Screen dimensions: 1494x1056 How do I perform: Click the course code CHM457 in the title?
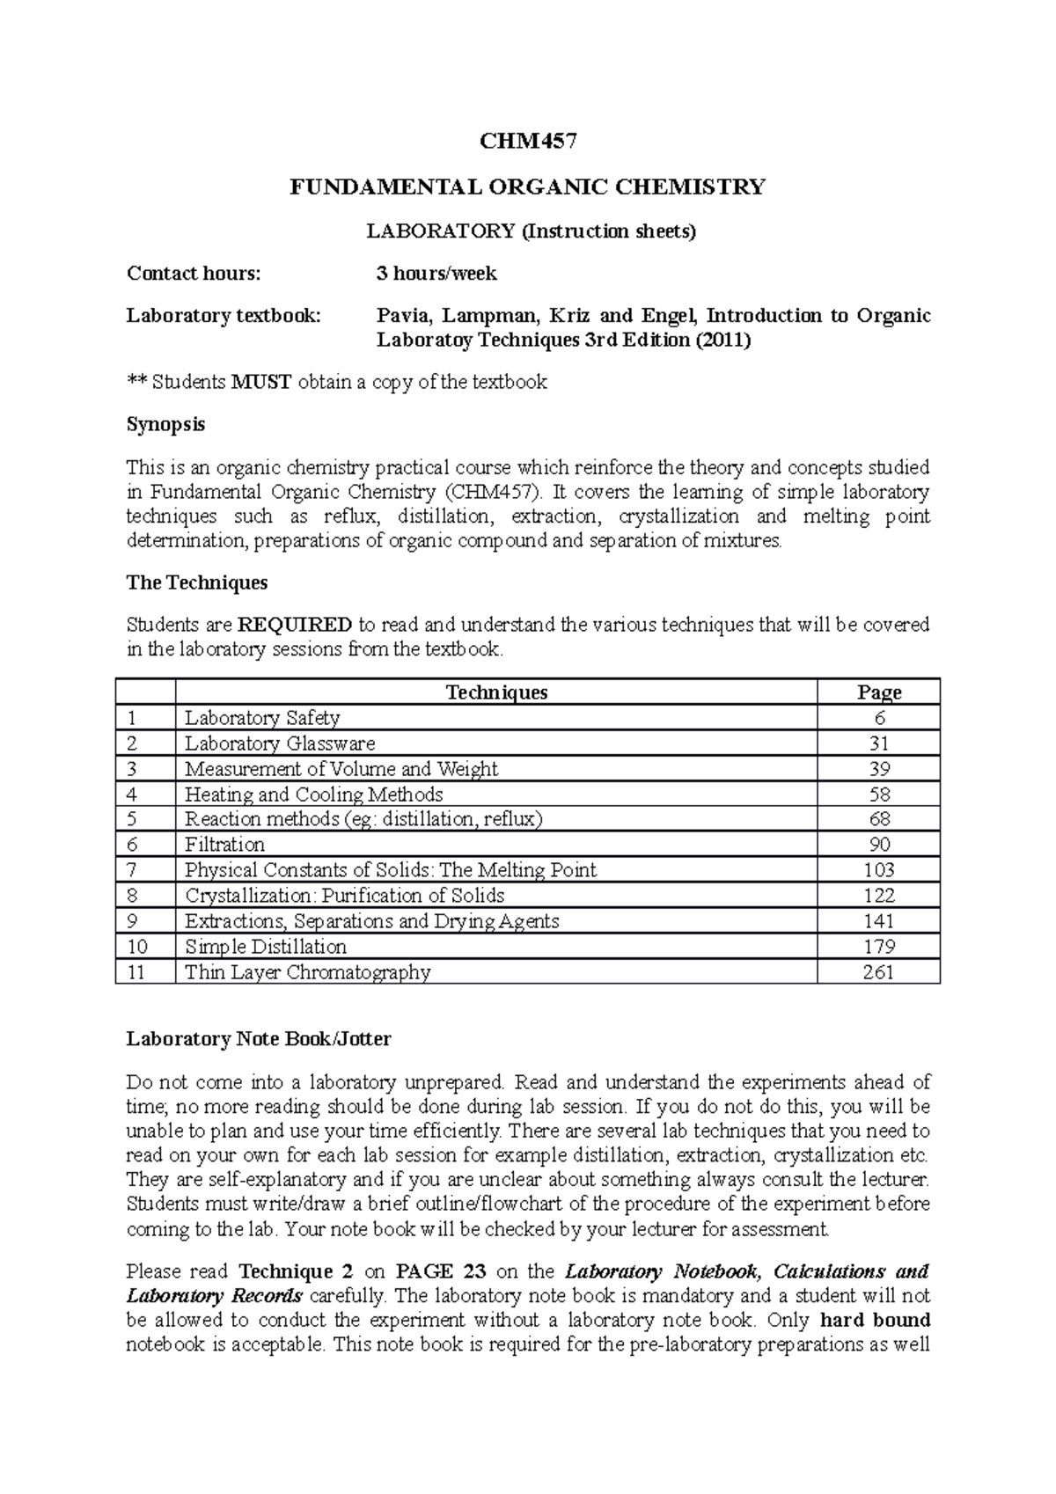click(528, 142)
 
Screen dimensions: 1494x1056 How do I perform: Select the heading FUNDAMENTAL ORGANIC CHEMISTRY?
click(528, 187)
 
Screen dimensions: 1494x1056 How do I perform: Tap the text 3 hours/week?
click(436, 274)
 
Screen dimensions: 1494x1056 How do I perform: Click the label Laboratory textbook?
click(224, 316)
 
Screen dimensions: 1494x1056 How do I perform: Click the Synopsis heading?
click(165, 424)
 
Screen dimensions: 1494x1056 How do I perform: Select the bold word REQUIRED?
click(295, 625)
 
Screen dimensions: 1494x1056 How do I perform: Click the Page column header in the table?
click(878, 692)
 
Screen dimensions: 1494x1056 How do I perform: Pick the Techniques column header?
click(496, 692)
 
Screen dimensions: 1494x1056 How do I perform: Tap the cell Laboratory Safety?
click(262, 718)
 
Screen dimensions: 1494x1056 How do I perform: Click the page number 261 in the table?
click(878, 972)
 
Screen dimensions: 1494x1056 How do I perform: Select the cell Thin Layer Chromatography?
click(307, 972)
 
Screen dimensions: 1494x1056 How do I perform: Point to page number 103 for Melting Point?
click(878, 870)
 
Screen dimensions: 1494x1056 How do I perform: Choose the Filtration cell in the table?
click(224, 845)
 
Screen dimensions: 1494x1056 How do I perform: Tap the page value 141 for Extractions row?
click(878, 921)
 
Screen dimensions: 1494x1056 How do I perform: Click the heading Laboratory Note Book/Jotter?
click(259, 1039)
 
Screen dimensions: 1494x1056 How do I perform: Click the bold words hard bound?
click(874, 1320)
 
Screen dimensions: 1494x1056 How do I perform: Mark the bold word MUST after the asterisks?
click(260, 382)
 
